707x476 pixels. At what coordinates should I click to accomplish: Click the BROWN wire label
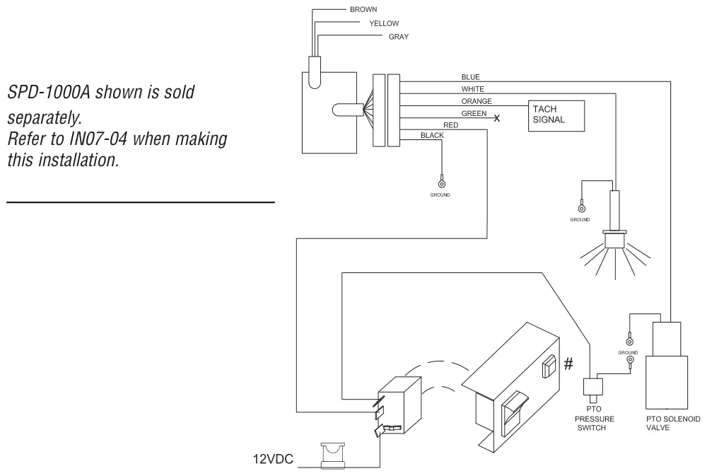[x=363, y=9]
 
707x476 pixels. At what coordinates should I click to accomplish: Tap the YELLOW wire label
[x=384, y=23]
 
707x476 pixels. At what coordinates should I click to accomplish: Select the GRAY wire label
[x=399, y=37]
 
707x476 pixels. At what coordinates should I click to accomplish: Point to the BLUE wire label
[x=470, y=77]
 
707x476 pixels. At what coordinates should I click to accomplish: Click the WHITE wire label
[x=472, y=89]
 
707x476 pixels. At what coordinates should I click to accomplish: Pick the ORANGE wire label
[x=476, y=102]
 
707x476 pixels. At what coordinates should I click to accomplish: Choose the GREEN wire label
[x=474, y=114]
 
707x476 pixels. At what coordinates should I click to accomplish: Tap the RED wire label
[x=451, y=125]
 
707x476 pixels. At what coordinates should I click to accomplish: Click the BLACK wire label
[x=432, y=135]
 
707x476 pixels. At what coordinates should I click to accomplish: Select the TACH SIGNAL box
[x=556, y=116]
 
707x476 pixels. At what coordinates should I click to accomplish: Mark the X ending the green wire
[x=497, y=118]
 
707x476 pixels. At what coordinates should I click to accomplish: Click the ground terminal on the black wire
[x=442, y=182]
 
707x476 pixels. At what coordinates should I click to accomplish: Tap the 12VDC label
[x=273, y=459]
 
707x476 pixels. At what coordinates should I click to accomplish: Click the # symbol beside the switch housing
[x=568, y=364]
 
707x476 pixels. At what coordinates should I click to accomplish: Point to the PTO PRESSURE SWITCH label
[x=595, y=418]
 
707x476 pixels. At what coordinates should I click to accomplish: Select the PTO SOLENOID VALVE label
[x=673, y=423]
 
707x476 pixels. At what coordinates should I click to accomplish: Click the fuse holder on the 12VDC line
[x=333, y=455]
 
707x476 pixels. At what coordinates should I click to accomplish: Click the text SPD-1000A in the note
[x=49, y=92]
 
